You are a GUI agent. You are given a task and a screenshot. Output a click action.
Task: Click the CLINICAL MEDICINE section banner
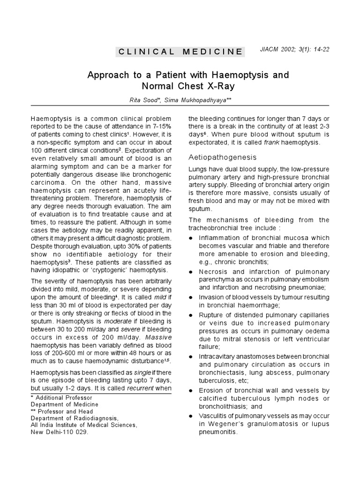click(x=180, y=52)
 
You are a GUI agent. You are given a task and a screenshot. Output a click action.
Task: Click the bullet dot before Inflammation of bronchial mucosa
click(x=191, y=239)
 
